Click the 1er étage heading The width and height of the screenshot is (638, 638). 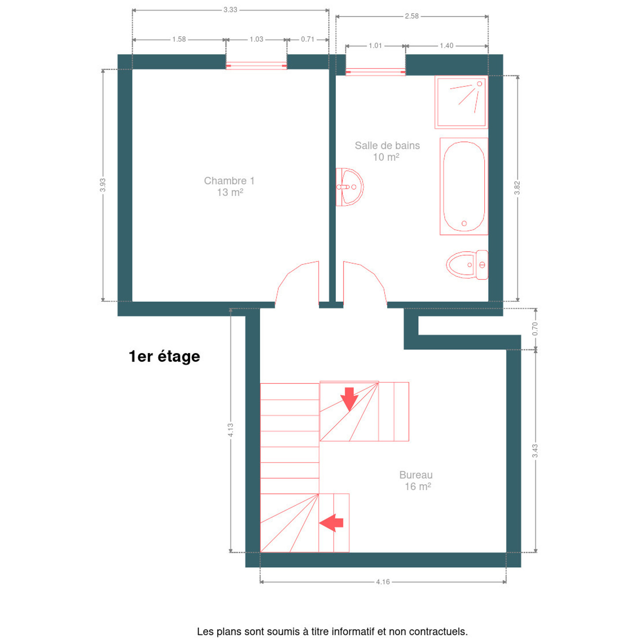click(164, 357)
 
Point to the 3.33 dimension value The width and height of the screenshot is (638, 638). click(230, 10)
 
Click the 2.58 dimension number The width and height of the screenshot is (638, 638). click(412, 16)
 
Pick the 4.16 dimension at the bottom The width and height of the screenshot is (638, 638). click(383, 582)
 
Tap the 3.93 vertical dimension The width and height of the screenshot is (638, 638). click(103, 185)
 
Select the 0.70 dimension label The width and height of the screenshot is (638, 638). click(535, 329)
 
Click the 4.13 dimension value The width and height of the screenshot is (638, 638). click(230, 430)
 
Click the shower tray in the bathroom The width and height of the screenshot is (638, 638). click(461, 102)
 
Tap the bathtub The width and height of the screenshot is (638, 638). click(464, 187)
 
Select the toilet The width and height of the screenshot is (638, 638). click(467, 265)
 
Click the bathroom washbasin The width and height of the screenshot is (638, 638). click(350, 187)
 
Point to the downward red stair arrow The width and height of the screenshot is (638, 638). click(349, 399)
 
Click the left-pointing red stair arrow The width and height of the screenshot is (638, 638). click(331, 523)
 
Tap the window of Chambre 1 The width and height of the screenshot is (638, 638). click(256, 66)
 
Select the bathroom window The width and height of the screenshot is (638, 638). click(375, 72)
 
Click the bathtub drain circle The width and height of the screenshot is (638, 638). click(464, 223)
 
